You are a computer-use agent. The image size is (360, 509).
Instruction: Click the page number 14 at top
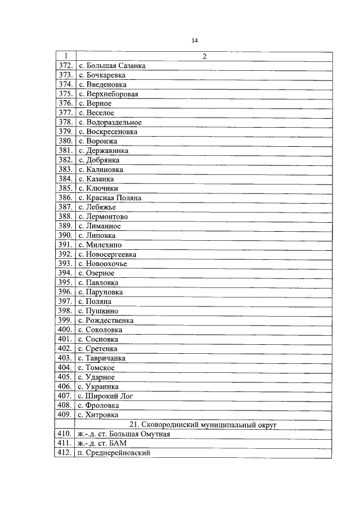pyautogui.click(x=195, y=40)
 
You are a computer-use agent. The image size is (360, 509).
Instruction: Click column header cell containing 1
pyautogui.click(x=65, y=56)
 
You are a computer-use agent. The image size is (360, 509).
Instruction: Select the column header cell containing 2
pyautogui.click(x=204, y=56)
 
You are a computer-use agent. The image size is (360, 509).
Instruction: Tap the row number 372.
pyautogui.click(x=65, y=66)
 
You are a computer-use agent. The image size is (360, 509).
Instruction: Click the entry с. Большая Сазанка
pyautogui.click(x=112, y=66)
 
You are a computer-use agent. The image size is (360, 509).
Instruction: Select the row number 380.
pyautogui.click(x=65, y=141)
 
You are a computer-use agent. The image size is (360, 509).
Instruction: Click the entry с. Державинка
pyautogui.click(x=103, y=151)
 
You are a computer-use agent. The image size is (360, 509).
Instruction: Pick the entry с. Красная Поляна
pyautogui.click(x=110, y=198)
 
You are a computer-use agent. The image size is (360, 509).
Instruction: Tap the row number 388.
pyautogui.click(x=65, y=217)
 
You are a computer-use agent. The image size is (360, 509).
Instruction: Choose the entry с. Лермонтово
pyautogui.click(x=103, y=217)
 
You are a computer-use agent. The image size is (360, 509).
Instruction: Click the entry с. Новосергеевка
pyautogui.click(x=107, y=254)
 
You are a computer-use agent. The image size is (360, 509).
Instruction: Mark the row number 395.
pyautogui.click(x=65, y=283)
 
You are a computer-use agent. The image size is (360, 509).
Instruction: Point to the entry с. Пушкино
pyautogui.click(x=98, y=311)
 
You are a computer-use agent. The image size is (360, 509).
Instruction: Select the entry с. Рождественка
pyautogui.click(x=106, y=321)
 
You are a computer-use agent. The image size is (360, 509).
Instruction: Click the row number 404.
pyautogui.click(x=65, y=368)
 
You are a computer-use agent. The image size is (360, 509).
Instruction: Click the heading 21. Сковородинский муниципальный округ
pyautogui.click(x=204, y=425)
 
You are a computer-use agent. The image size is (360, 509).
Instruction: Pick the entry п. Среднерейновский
pyautogui.click(x=114, y=453)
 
